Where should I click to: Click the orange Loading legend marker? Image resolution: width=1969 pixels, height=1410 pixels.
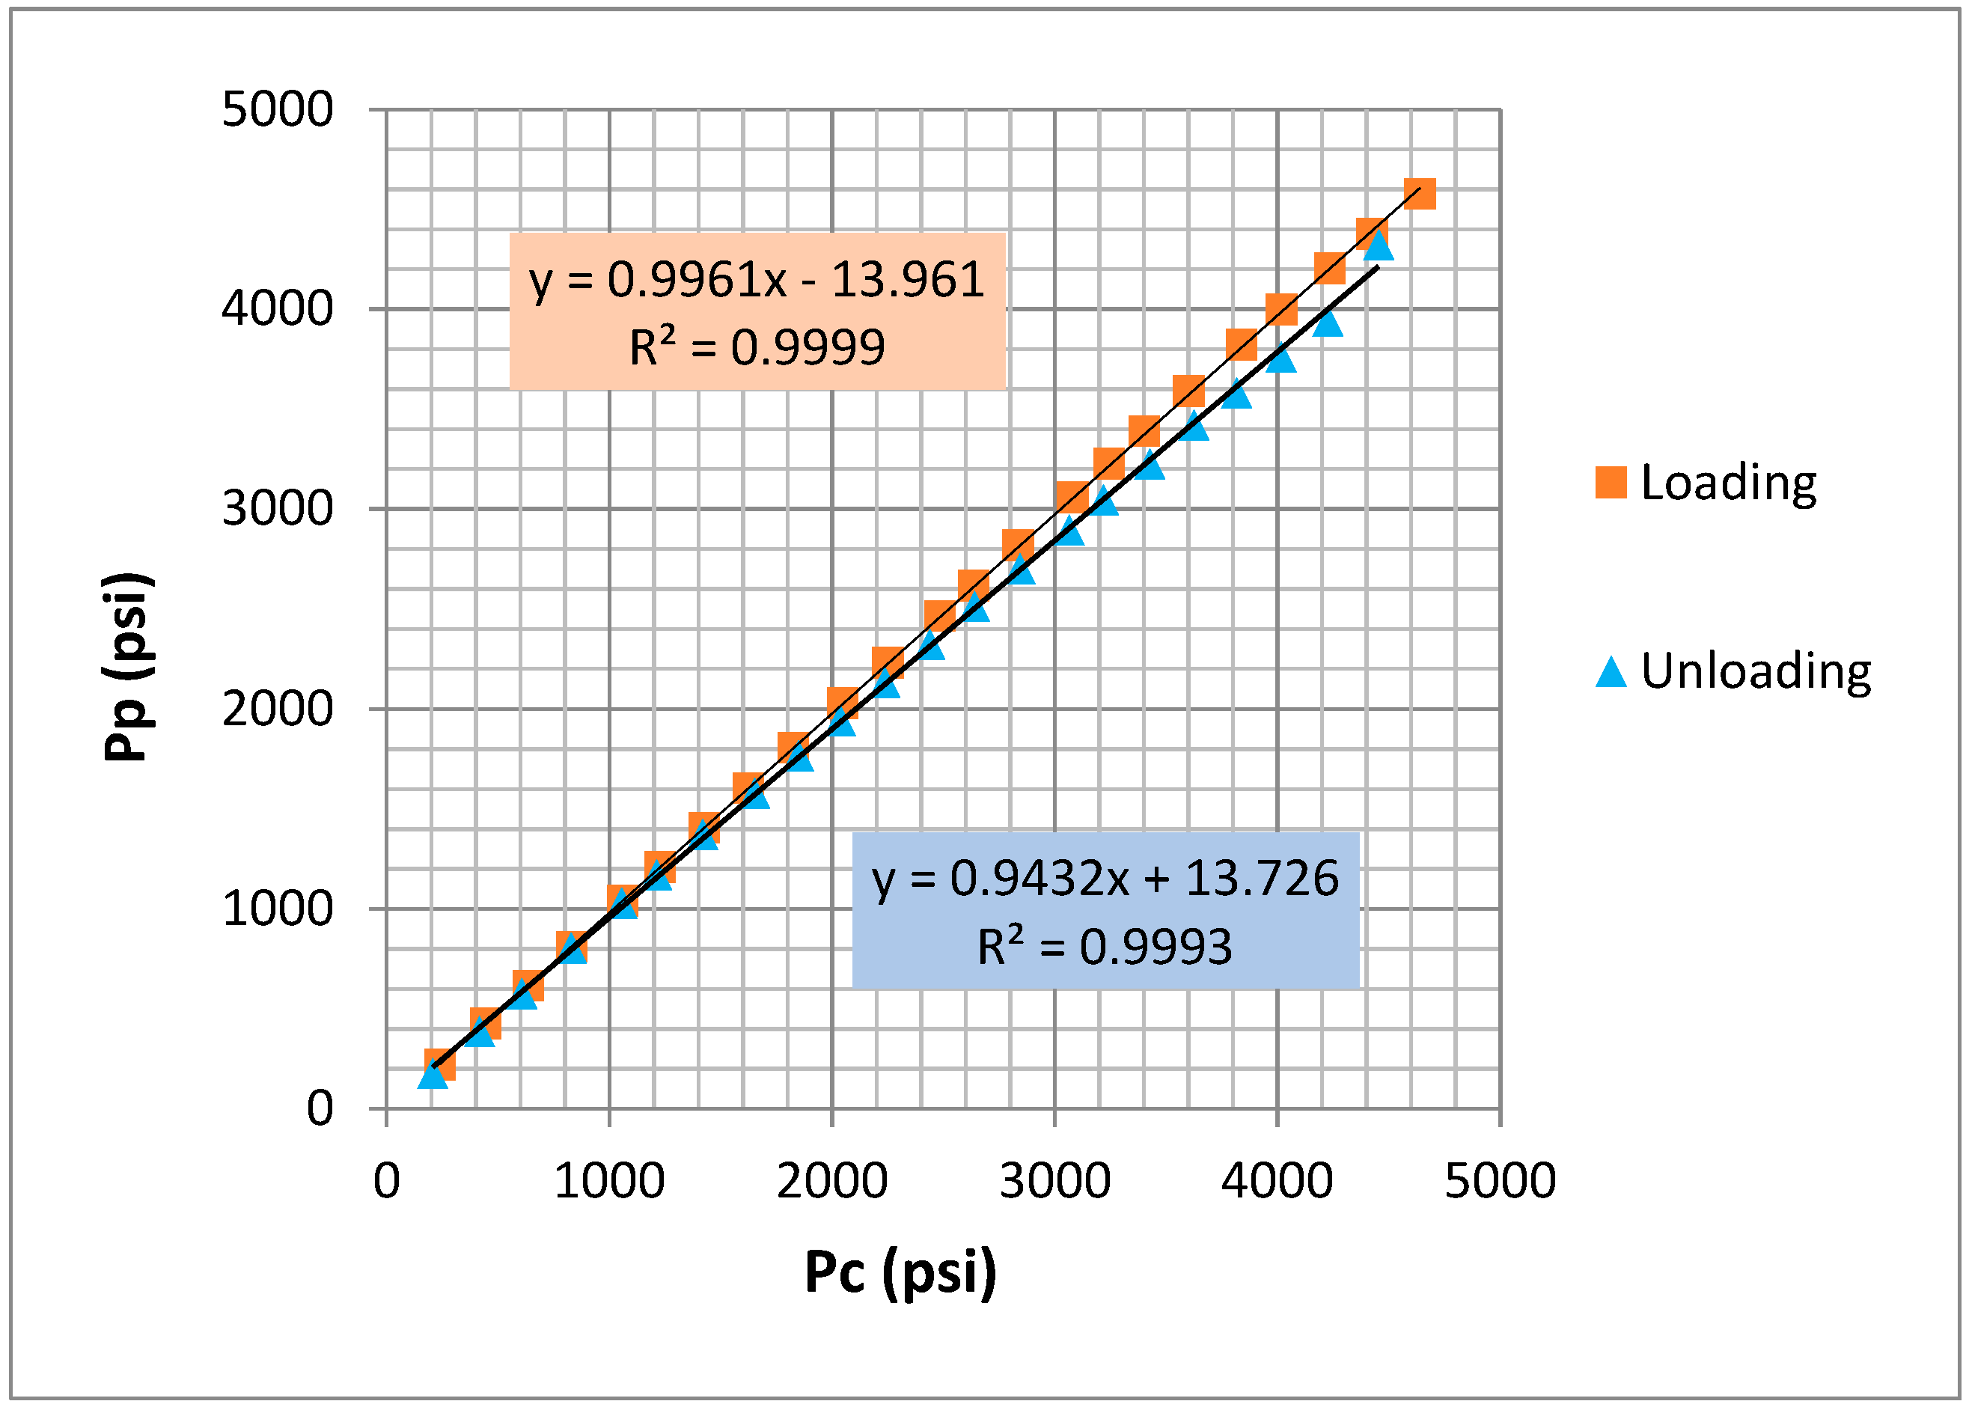point(1611,482)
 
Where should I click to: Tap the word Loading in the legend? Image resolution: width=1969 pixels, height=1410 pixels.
point(1729,483)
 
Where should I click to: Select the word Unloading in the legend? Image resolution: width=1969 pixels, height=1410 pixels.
point(1756,671)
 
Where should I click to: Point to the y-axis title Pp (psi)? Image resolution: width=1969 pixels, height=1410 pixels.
point(129,667)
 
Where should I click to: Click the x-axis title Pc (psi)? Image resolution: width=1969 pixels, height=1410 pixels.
point(900,1274)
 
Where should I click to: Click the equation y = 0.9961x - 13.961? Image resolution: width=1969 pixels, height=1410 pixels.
point(757,280)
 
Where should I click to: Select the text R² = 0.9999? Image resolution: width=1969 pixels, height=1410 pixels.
point(757,347)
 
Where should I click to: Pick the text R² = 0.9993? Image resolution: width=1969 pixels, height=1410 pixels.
point(1105,947)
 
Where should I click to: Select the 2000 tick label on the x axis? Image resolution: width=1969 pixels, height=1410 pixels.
point(831,1182)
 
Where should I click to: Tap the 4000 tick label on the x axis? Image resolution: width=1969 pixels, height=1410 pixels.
point(1277,1182)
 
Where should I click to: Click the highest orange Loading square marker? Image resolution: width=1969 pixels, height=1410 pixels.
point(1420,194)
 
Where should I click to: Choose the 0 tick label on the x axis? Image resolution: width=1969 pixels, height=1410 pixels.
point(386,1182)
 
